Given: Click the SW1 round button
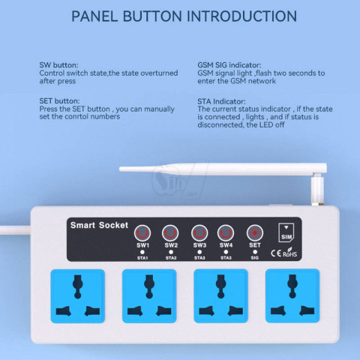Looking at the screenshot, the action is coord(142,233).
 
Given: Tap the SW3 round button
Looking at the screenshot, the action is coord(199,233).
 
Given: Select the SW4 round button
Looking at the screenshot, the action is coord(226,233).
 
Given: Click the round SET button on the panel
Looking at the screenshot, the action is coord(255,233).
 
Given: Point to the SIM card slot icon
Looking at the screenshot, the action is coord(286,232).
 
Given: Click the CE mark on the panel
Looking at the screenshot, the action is coord(276,253).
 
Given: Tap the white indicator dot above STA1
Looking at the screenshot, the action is coord(142,252).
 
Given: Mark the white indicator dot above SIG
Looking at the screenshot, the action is coord(255,252).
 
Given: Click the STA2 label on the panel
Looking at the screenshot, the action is coord(171,258).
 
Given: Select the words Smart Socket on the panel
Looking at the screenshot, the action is coord(99,225).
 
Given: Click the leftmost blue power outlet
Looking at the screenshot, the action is coord(78,296).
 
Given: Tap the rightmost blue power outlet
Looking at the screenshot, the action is coord(292,296).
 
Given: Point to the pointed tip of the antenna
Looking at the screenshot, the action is coord(120,169).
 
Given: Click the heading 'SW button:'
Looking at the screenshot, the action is coord(58,65).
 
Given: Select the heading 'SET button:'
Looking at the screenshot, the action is coord(59,101).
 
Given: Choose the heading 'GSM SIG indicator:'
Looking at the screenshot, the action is coord(229,65).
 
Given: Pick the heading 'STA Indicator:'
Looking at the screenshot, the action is coord(221,101).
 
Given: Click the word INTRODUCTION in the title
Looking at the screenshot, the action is coord(241,16).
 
